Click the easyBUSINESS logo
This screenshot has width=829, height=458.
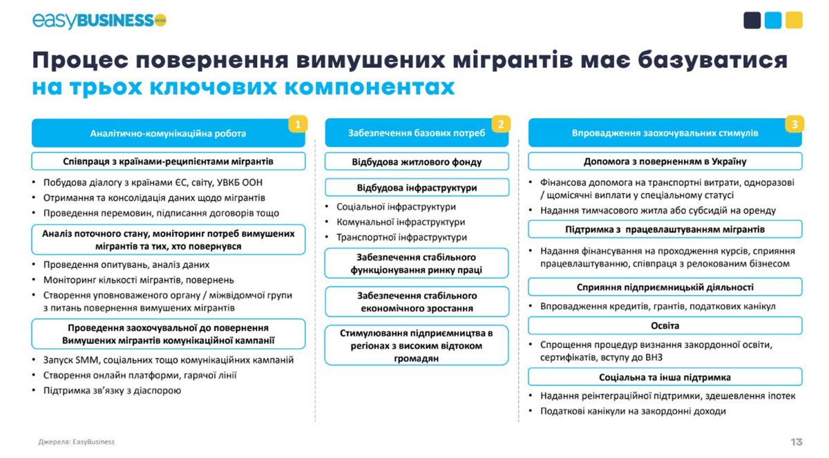[x=99, y=20]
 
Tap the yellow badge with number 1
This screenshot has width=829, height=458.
[x=298, y=124]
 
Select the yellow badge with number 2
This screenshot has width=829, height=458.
[x=501, y=124]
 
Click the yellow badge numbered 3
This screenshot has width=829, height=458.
[x=794, y=124]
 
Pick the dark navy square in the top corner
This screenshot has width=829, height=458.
[x=752, y=20]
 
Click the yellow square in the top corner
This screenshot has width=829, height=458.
[x=794, y=20]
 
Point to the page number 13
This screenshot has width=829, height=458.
[x=797, y=441]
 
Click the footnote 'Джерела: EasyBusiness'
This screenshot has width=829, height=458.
[x=77, y=441]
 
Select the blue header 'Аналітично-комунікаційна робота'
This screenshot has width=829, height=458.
[x=169, y=133]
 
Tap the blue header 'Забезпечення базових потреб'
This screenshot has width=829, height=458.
[x=417, y=133]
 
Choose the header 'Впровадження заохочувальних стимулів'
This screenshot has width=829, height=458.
[x=665, y=133]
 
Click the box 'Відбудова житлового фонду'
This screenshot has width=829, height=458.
[x=417, y=162]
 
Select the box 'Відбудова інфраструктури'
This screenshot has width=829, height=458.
[x=417, y=188]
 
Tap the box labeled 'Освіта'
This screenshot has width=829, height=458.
[x=665, y=325]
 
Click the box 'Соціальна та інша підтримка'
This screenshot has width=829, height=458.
[x=665, y=377]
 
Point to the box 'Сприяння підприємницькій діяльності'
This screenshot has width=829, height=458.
[x=665, y=287]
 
